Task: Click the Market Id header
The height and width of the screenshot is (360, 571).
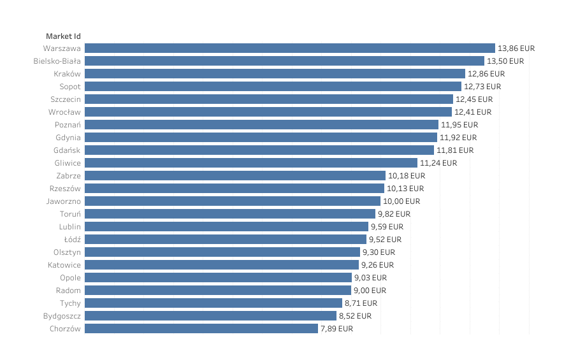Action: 63,36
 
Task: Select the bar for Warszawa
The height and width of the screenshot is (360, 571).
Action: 290,48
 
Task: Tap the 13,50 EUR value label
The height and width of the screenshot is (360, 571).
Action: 505,61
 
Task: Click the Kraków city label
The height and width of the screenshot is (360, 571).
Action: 67,73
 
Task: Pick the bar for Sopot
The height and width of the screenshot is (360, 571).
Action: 273,86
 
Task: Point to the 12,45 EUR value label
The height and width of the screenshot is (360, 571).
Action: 474,99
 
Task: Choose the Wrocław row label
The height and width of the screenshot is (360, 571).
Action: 64,112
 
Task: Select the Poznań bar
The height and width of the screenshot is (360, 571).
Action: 261,124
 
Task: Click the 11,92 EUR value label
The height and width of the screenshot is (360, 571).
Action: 458,137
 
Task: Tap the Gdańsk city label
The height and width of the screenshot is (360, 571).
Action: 67,150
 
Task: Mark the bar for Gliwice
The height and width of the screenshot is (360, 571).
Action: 251,162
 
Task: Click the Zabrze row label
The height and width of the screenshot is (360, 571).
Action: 68,175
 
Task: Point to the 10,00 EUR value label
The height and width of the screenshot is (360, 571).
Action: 401,201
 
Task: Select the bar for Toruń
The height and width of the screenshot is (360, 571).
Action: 230,213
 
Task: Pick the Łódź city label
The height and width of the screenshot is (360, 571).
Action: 73,239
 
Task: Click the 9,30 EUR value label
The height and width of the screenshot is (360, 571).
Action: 379,252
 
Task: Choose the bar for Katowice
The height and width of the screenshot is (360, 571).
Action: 222,264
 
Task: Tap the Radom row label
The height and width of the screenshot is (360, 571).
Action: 68,290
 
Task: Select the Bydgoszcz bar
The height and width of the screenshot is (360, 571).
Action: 210,315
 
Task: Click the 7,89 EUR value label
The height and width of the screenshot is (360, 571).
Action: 337,328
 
